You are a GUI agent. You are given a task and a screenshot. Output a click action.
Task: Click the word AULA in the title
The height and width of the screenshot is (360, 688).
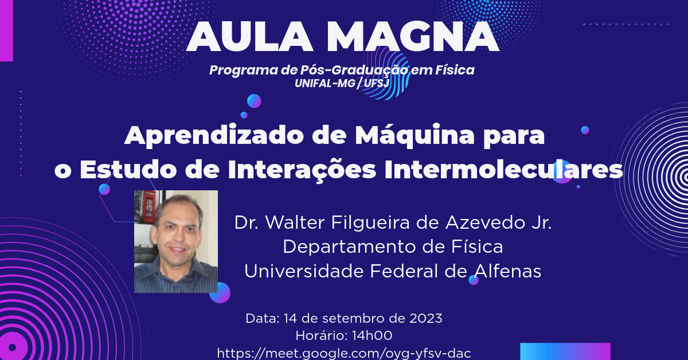click(x=250, y=37)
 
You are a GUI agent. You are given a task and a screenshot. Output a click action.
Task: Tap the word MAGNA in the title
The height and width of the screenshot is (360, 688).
click(x=412, y=37)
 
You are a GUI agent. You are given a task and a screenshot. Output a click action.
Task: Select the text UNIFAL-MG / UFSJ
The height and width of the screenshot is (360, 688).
click(x=342, y=84)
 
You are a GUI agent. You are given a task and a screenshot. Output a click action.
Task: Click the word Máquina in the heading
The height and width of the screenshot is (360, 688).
click(x=415, y=136)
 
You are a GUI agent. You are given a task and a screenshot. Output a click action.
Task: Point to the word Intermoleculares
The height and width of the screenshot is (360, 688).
click(x=504, y=170)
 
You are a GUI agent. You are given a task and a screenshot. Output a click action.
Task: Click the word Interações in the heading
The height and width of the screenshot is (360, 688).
click(x=302, y=170)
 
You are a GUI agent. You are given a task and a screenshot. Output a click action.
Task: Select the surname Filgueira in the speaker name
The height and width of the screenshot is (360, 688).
click(x=370, y=223)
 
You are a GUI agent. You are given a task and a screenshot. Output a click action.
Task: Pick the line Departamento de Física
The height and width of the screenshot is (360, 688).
click(x=393, y=247)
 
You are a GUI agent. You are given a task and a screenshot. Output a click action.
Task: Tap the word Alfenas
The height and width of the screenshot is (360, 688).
click(x=507, y=271)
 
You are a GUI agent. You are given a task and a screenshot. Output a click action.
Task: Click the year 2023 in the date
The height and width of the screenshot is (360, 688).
click(x=425, y=319)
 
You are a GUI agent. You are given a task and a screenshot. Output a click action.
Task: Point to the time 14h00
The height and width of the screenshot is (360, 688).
click(x=372, y=336)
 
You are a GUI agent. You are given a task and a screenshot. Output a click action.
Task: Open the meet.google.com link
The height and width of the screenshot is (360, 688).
click(x=343, y=354)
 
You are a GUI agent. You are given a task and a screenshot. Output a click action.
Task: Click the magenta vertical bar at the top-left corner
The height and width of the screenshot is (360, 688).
click(x=6, y=30)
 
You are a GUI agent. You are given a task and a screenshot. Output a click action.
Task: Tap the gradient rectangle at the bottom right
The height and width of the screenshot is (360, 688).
click(x=565, y=351)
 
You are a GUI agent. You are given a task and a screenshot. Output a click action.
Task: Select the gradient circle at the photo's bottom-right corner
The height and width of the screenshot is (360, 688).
click(x=221, y=293)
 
